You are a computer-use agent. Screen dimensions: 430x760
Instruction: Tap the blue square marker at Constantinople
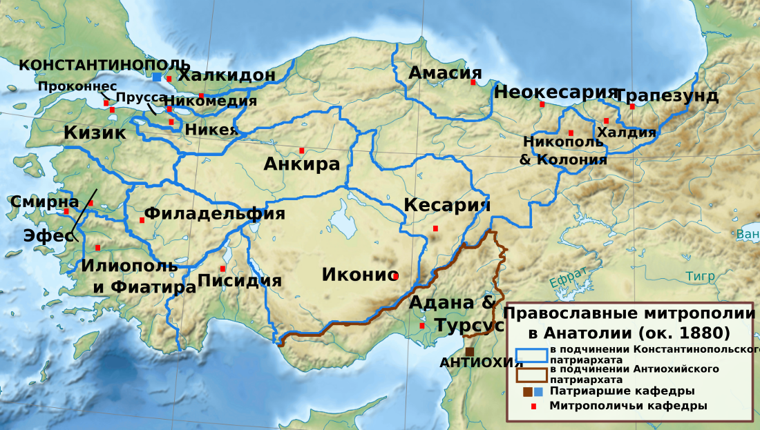point(158,77)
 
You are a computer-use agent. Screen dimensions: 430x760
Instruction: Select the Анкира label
point(302,164)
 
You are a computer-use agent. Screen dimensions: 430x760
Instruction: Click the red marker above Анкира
point(301,150)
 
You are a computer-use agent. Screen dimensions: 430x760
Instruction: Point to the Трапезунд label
point(666,95)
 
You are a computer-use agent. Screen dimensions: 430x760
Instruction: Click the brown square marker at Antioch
point(470,351)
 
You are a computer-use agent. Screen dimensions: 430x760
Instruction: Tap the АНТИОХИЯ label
point(472,363)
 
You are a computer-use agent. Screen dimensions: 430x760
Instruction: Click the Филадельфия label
point(214,213)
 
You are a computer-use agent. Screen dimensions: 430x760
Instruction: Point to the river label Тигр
point(700,276)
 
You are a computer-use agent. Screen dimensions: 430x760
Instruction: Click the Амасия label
point(445,72)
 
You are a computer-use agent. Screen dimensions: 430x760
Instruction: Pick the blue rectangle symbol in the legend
point(531,355)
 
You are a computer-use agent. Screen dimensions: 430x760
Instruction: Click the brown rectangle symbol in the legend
point(531,374)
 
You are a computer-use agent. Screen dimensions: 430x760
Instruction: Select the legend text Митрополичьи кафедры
point(628,406)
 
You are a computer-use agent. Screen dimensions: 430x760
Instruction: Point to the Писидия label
point(239,280)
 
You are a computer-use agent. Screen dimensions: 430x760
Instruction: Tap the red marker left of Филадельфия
point(142,220)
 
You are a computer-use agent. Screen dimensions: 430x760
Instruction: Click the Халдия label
point(625,133)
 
